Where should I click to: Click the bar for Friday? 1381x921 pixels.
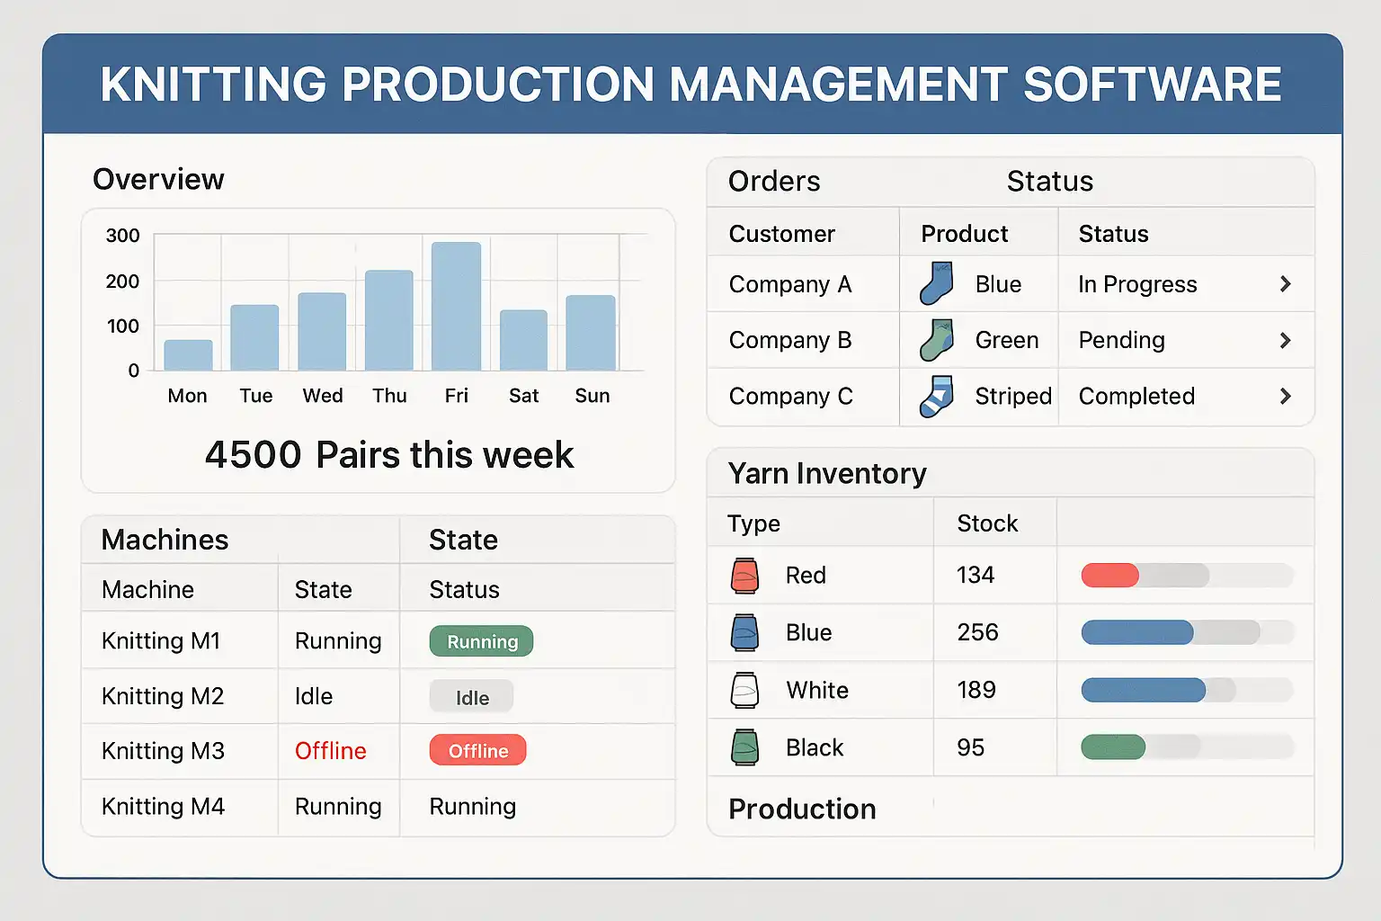[456, 307]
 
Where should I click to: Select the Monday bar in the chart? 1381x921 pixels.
[188, 355]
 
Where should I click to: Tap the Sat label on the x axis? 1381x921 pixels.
[523, 396]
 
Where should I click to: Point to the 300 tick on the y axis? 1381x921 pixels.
[123, 236]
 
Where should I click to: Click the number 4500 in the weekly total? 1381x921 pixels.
[253, 455]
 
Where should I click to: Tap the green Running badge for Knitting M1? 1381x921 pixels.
[481, 641]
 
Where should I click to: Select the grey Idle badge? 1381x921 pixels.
[471, 697]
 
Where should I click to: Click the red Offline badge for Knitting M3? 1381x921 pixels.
[477, 751]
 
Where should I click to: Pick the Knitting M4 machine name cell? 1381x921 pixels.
[163, 807]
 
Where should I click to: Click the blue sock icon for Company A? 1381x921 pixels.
[936, 283]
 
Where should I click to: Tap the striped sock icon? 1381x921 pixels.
[936, 396]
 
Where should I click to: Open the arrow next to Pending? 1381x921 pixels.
[1285, 340]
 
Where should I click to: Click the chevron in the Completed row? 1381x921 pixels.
[1285, 396]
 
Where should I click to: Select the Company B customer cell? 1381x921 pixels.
[790, 340]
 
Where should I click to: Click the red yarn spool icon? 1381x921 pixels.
[744, 576]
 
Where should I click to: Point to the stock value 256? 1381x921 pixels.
[977, 632]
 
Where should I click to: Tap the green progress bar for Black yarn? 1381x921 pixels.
[1113, 747]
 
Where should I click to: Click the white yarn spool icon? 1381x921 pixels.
[744, 691]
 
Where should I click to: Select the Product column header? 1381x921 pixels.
[964, 234]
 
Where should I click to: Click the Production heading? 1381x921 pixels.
[802, 809]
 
